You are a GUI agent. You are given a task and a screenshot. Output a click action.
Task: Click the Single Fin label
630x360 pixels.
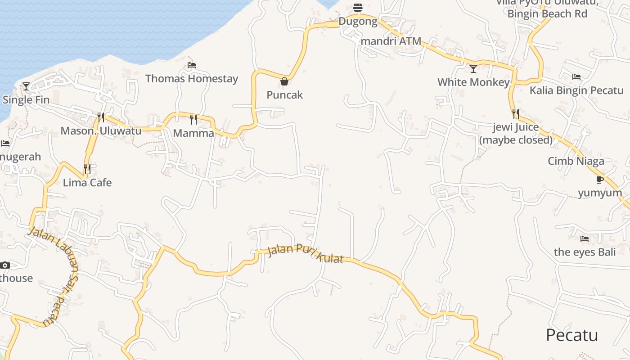pyautogui.click(x=26, y=100)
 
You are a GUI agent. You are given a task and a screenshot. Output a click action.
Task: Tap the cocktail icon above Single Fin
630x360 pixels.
pyautogui.click(x=26, y=86)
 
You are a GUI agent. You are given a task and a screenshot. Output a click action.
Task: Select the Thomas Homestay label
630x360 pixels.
pyautogui.click(x=192, y=79)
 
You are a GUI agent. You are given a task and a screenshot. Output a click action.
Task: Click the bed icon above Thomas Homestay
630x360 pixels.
pyautogui.click(x=192, y=65)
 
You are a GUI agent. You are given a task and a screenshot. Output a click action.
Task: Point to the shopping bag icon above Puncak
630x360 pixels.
pyautogui.click(x=284, y=81)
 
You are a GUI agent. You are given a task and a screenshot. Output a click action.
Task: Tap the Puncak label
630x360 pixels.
pyautogui.click(x=285, y=95)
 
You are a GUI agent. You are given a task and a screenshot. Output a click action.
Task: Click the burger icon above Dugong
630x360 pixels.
pyautogui.click(x=358, y=8)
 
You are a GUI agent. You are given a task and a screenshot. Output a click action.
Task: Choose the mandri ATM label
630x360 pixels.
pyautogui.click(x=391, y=41)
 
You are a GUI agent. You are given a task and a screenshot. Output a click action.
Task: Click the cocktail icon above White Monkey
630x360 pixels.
pyautogui.click(x=473, y=68)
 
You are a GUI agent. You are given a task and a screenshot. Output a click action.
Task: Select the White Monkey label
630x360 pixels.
pyautogui.click(x=473, y=82)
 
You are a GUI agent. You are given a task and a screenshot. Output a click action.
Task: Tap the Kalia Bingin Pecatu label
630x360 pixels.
pyautogui.click(x=576, y=90)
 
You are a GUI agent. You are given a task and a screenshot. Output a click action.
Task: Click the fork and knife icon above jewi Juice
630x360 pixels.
pyautogui.click(x=515, y=113)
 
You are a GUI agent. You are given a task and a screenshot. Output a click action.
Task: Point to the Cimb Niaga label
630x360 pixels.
pyautogui.click(x=576, y=161)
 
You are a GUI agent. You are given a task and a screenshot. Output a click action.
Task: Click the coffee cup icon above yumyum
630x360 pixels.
pyautogui.click(x=599, y=180)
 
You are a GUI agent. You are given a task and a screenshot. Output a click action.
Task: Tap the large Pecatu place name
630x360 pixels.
pyautogui.click(x=572, y=335)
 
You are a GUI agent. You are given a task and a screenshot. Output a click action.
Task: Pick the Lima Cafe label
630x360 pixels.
pyautogui.click(x=87, y=183)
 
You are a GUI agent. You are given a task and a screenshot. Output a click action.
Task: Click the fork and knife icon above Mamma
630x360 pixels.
pyautogui.click(x=193, y=119)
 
